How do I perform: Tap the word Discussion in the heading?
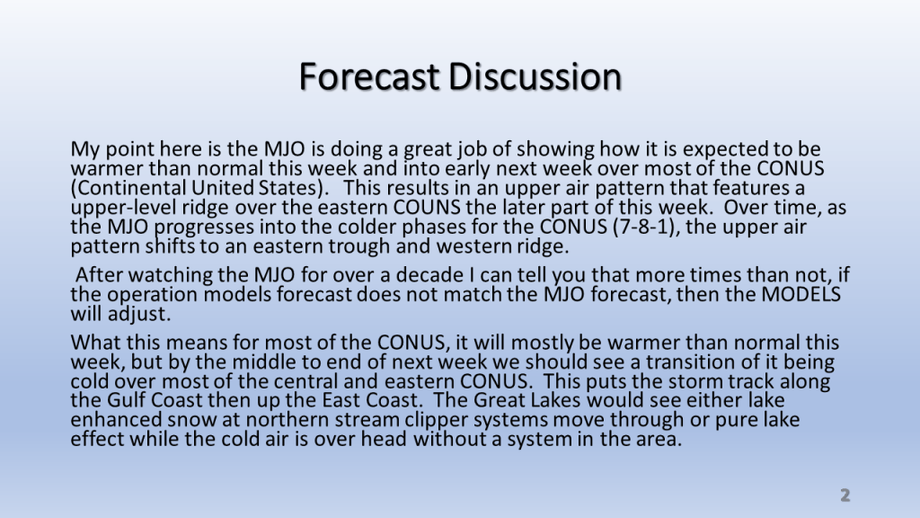tap(535, 76)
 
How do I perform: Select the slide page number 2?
tap(845, 496)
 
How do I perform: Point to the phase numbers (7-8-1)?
tap(646, 227)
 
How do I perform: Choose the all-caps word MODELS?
tap(801, 294)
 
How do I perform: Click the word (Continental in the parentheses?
tap(128, 188)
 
